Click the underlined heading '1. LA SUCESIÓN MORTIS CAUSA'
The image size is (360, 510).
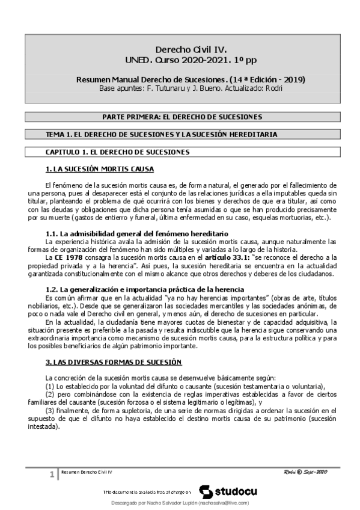pyautogui.click(x=100, y=169)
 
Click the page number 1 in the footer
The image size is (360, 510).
pyautogui.click(x=52, y=475)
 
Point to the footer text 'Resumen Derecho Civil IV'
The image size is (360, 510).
pyautogui.click(x=88, y=473)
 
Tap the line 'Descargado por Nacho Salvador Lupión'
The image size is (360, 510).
pyautogui.click(x=180, y=502)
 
